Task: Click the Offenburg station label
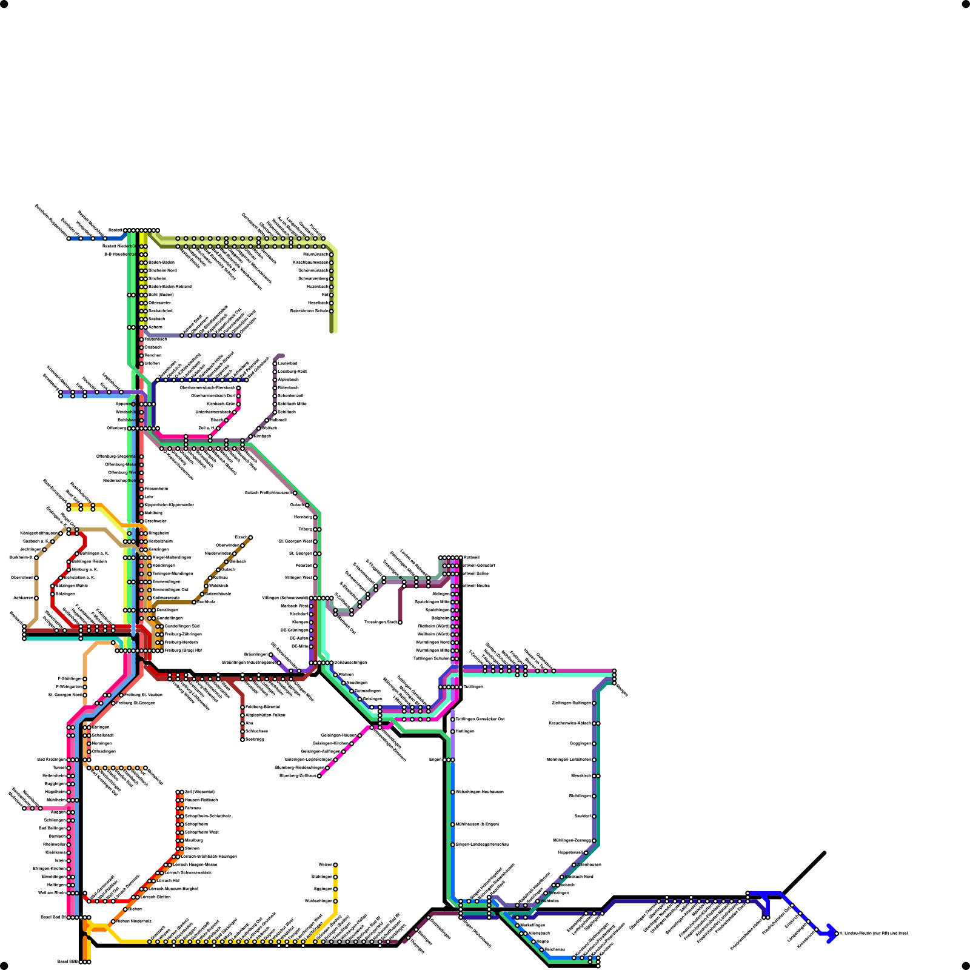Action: click(x=116, y=429)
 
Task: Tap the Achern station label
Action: click(x=156, y=327)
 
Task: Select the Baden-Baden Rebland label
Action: click(x=170, y=287)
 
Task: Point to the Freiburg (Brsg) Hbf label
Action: click(x=183, y=651)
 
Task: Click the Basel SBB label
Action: click(x=67, y=962)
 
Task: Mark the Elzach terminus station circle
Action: click(x=250, y=538)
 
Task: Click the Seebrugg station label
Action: click(x=255, y=740)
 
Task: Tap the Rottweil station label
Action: click(x=471, y=557)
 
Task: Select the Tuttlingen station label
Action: click(x=473, y=687)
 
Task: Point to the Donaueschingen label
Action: click(x=350, y=663)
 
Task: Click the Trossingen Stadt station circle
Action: click(x=400, y=623)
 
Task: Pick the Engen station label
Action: click(x=435, y=760)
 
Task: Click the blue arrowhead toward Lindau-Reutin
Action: click(x=832, y=934)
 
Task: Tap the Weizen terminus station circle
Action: click(x=335, y=865)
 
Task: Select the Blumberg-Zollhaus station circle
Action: click(x=319, y=776)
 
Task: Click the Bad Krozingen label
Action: click(x=51, y=760)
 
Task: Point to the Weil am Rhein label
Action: click(x=52, y=893)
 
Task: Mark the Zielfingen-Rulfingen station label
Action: click(x=571, y=703)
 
